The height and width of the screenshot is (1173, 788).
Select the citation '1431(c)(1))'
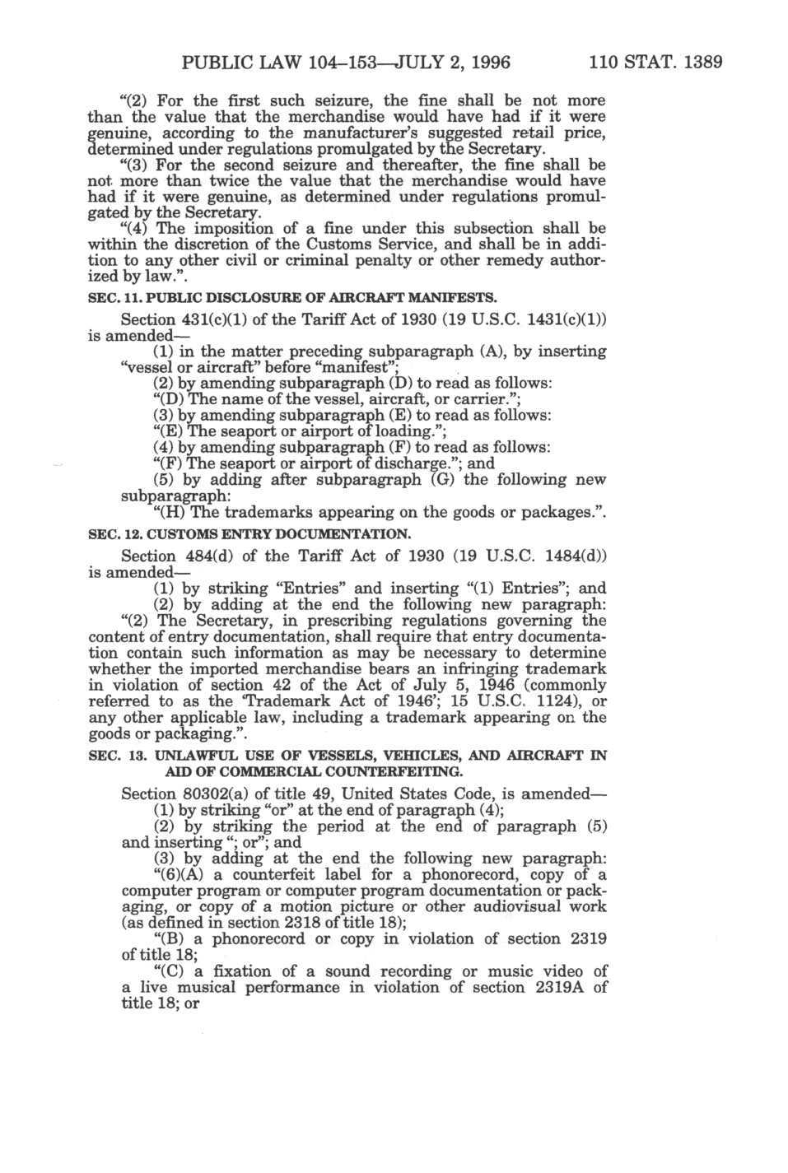[x=562, y=319]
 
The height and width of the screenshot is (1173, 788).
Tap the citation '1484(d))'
[x=575, y=556]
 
